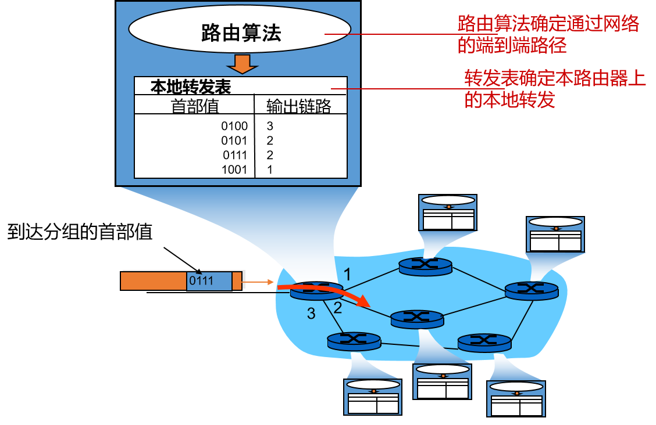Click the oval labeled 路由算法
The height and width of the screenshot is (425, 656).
pyautogui.click(x=240, y=33)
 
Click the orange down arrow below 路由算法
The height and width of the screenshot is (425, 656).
pyautogui.click(x=240, y=64)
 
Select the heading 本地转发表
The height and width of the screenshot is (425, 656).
pyautogui.click(x=191, y=87)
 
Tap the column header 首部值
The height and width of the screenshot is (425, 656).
pyautogui.click(x=194, y=106)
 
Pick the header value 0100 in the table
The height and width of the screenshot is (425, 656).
pyautogui.click(x=234, y=126)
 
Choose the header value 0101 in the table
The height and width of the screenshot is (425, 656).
pyautogui.click(x=234, y=141)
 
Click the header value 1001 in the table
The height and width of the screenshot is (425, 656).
pyautogui.click(x=234, y=170)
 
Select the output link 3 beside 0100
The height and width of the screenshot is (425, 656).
pyautogui.click(x=270, y=126)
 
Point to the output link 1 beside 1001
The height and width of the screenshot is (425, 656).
pyautogui.click(x=270, y=170)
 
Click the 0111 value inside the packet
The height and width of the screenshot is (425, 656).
pyautogui.click(x=201, y=281)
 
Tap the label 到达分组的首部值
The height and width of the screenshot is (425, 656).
pyautogui.click(x=80, y=232)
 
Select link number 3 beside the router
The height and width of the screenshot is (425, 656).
pyautogui.click(x=311, y=314)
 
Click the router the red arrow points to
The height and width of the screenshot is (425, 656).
pyautogui.click(x=417, y=317)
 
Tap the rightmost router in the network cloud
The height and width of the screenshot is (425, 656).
pyautogui.click(x=532, y=290)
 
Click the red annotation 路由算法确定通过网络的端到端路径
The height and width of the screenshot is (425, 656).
pyautogui.click(x=548, y=34)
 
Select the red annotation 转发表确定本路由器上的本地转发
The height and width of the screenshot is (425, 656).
pyautogui.click(x=555, y=89)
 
